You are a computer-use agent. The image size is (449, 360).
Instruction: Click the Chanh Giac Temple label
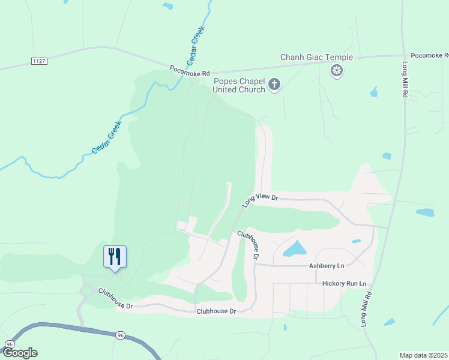(316, 58)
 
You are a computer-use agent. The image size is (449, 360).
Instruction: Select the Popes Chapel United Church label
(239, 85)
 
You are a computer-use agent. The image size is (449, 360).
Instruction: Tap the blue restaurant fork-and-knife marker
(115, 257)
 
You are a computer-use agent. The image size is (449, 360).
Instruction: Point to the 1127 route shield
(38, 61)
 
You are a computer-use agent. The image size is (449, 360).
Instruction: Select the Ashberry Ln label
(327, 265)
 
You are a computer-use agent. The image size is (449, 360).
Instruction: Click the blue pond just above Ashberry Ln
(294, 248)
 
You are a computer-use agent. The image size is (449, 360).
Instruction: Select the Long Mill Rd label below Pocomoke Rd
(405, 80)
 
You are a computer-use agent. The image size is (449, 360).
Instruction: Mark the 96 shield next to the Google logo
(9, 344)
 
